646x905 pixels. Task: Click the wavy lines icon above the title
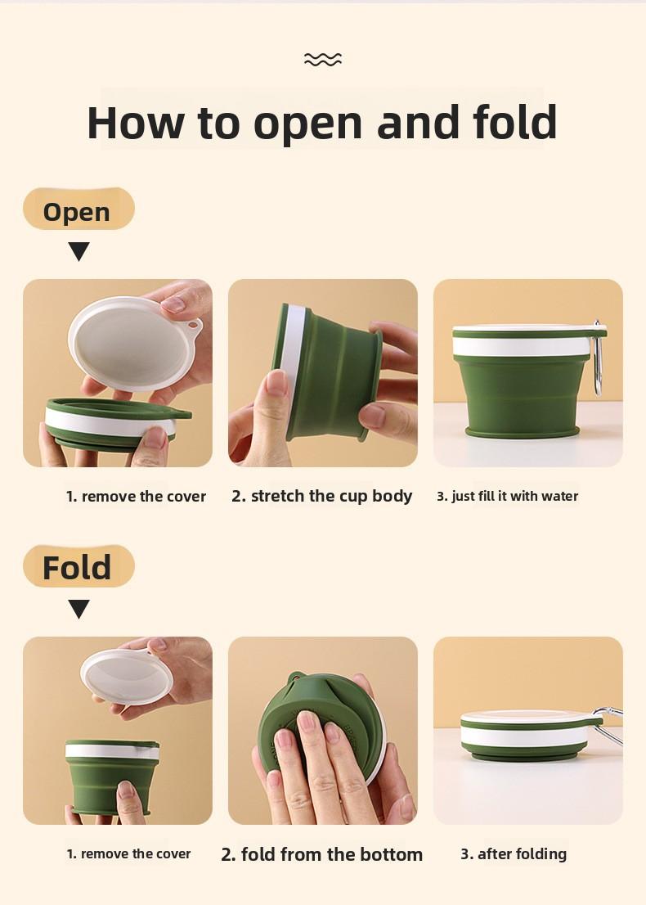click(322, 59)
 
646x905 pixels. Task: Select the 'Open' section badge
click(78, 210)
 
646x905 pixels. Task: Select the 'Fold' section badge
click(78, 566)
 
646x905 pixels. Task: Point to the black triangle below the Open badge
click(79, 251)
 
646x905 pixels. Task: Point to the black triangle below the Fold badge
click(79, 609)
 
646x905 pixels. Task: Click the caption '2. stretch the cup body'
click(322, 496)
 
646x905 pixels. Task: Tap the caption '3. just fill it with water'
click(507, 496)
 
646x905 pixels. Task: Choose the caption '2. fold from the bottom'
click(322, 854)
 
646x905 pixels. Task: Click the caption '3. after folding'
click(514, 853)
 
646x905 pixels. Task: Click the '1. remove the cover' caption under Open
click(136, 496)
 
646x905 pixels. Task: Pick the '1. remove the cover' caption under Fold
click(128, 853)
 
